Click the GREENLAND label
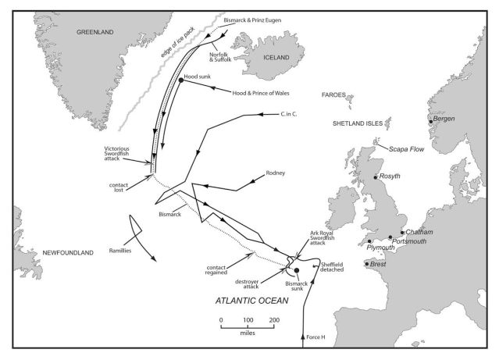94,32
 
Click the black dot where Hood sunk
181,80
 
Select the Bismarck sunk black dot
297,269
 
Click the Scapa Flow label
401,150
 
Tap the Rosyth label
389,176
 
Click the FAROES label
334,94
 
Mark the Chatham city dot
403,232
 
